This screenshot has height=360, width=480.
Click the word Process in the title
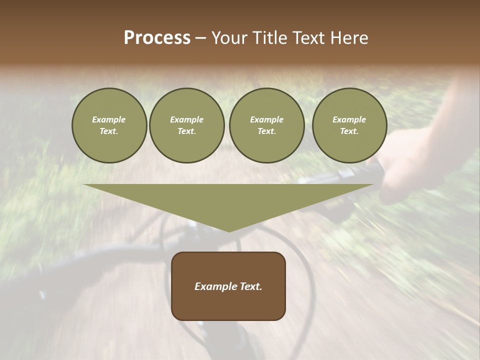click(157, 38)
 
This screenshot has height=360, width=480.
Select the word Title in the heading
click(269, 38)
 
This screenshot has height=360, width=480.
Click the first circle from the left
click(109, 125)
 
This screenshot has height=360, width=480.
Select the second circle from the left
click(187, 125)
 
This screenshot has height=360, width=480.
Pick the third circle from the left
click(266, 125)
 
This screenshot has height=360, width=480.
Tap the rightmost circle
click(349, 125)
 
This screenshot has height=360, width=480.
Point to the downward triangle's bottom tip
click(229, 231)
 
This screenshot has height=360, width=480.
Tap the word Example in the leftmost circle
click(109, 119)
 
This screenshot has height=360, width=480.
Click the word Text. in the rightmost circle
click(349, 131)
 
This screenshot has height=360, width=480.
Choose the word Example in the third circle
click(266, 119)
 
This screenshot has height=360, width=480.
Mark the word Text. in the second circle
click(187, 131)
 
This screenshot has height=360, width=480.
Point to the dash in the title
click(201, 38)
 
